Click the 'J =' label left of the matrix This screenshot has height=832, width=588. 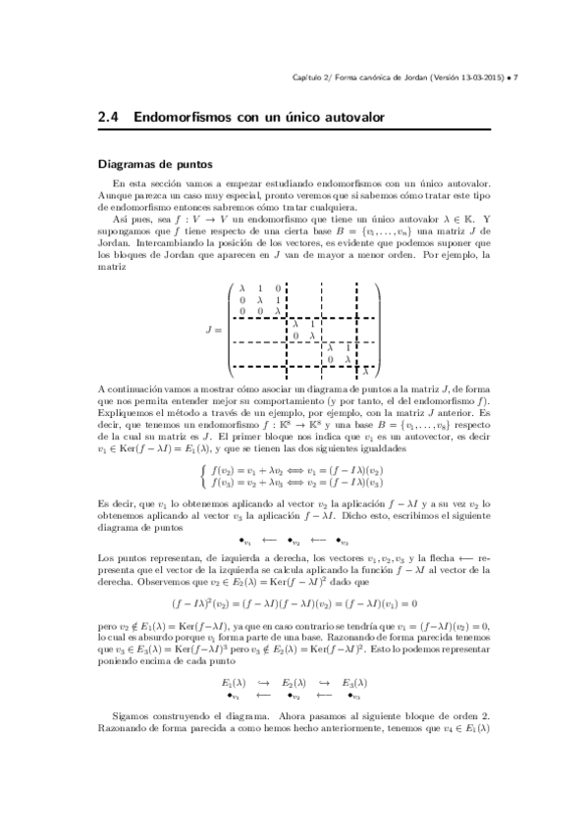pos(213,331)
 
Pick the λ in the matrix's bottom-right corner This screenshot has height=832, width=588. pos(365,372)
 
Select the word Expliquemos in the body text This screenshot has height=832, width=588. pos(126,416)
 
